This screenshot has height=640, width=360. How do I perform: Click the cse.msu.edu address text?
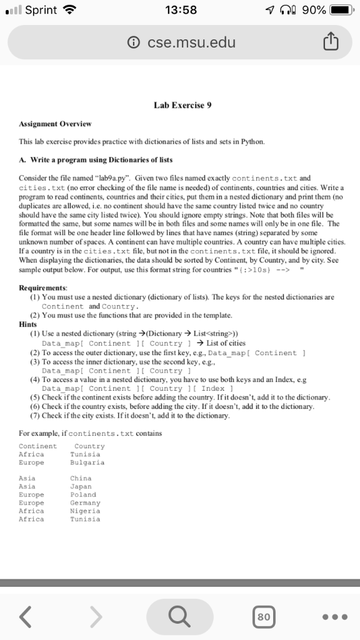point(191,43)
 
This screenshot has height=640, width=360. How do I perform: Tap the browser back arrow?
point(26,617)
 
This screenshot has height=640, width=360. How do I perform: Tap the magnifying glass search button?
point(180,617)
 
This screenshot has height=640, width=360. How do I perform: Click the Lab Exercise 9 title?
point(183,105)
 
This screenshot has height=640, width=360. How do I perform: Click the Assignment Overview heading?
point(55,124)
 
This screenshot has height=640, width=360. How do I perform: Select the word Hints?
point(28,325)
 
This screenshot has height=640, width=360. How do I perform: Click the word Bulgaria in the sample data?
point(87,463)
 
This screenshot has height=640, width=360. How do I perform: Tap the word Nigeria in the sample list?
point(85,511)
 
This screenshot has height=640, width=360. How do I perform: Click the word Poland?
point(82,494)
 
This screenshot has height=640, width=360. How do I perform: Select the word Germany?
point(85,502)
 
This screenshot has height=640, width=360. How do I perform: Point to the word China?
point(81,478)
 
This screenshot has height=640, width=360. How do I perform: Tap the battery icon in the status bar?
point(342,10)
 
